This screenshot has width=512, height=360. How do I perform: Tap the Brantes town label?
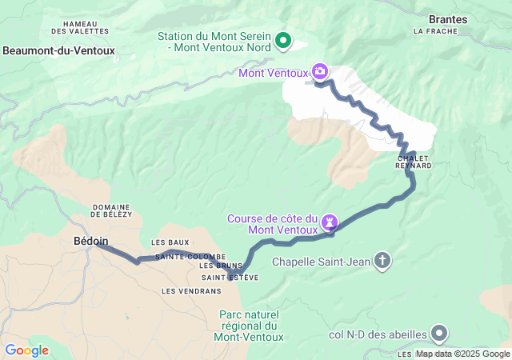449,18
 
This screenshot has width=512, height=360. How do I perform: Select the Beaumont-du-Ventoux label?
58,50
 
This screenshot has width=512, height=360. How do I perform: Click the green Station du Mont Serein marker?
283,40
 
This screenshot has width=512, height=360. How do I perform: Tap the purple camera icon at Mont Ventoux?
320,72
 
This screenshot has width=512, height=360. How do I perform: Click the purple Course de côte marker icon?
329,221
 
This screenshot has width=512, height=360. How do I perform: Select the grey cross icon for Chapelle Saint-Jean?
383,261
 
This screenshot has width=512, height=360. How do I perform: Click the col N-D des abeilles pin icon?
439,333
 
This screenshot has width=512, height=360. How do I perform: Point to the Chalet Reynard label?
414,162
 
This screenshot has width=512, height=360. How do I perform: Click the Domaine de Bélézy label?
111,210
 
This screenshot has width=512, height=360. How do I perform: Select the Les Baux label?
170,242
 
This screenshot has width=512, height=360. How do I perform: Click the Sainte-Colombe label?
185,256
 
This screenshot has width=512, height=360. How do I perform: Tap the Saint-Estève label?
230,278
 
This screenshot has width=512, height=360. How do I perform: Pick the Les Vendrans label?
186,291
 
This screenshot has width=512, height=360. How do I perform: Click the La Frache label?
435,31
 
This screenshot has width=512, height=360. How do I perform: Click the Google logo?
26,350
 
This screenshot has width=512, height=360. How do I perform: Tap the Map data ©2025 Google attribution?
462,354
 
